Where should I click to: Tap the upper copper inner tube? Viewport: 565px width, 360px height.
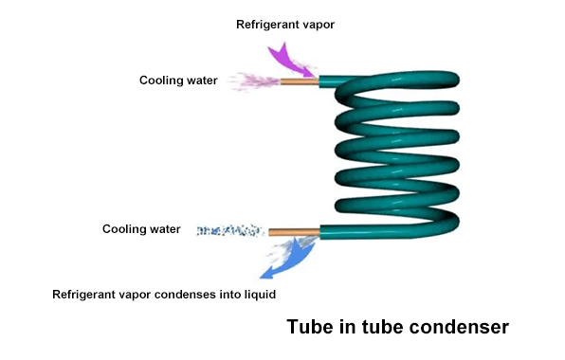pyautogui.click(x=299, y=82)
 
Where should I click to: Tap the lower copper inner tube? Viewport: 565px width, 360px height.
pyautogui.click(x=293, y=230)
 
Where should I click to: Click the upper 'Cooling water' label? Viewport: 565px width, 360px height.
pyautogui.click(x=178, y=81)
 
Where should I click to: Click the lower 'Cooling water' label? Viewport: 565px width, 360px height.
pyautogui.click(x=139, y=229)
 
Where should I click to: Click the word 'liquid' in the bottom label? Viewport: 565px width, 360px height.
pyautogui.click(x=257, y=295)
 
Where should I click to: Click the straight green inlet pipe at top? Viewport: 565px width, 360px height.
pyautogui.click(x=332, y=82)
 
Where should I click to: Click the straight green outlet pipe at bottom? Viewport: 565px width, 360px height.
pyautogui.click(x=341, y=230)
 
